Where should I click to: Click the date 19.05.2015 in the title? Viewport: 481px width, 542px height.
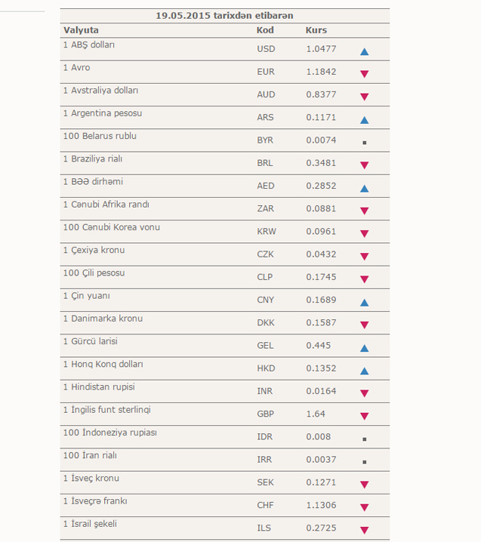coord(183,16)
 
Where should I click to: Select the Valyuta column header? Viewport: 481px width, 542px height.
coord(81,30)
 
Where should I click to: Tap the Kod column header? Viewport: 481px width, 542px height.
coord(265,30)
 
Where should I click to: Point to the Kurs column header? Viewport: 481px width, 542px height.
coord(316,30)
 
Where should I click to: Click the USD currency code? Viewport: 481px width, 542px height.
coord(266,49)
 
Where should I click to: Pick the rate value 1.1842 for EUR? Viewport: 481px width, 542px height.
coord(321,72)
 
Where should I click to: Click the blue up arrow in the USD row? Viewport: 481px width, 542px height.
coord(364,51)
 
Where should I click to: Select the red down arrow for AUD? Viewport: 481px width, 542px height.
coord(364,97)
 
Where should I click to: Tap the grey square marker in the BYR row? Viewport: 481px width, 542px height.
coord(364,143)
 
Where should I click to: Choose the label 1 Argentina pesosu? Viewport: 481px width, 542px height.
coord(103,113)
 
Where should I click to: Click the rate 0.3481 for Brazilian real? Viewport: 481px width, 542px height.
coord(321,163)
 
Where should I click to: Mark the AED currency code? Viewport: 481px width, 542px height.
coord(266,186)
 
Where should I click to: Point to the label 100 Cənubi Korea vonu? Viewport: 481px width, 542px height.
coord(112,227)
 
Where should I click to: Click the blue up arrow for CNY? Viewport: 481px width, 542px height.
coord(364,303)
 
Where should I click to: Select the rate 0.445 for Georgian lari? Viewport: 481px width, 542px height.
coord(318,345)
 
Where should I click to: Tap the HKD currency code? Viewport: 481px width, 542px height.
coord(266,368)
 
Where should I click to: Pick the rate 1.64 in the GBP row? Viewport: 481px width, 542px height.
coord(316,414)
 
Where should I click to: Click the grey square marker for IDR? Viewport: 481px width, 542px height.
coord(364,439)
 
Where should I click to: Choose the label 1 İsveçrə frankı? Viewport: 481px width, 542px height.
coord(95,501)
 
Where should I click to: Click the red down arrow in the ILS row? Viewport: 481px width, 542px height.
coord(364,530)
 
